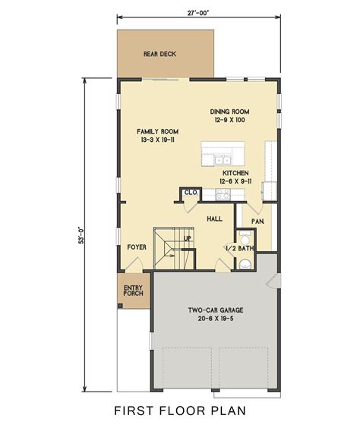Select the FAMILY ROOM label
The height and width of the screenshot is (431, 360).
click(x=156, y=131)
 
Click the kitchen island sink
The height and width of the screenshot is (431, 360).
click(x=223, y=160)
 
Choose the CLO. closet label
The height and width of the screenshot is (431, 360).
click(x=191, y=193)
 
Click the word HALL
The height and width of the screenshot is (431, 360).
click(x=213, y=218)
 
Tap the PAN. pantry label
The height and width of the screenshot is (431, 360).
click(x=257, y=222)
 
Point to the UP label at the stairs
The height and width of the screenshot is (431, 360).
click(x=188, y=238)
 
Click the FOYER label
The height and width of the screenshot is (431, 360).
click(x=137, y=247)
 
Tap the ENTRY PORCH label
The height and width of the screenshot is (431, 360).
click(x=134, y=292)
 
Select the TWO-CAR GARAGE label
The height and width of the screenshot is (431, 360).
click(x=215, y=310)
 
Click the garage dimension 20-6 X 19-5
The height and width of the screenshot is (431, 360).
click(x=215, y=319)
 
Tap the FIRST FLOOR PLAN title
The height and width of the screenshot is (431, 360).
click(x=180, y=412)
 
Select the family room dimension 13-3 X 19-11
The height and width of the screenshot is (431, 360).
click(x=156, y=140)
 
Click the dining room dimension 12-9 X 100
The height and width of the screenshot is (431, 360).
click(x=229, y=121)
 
